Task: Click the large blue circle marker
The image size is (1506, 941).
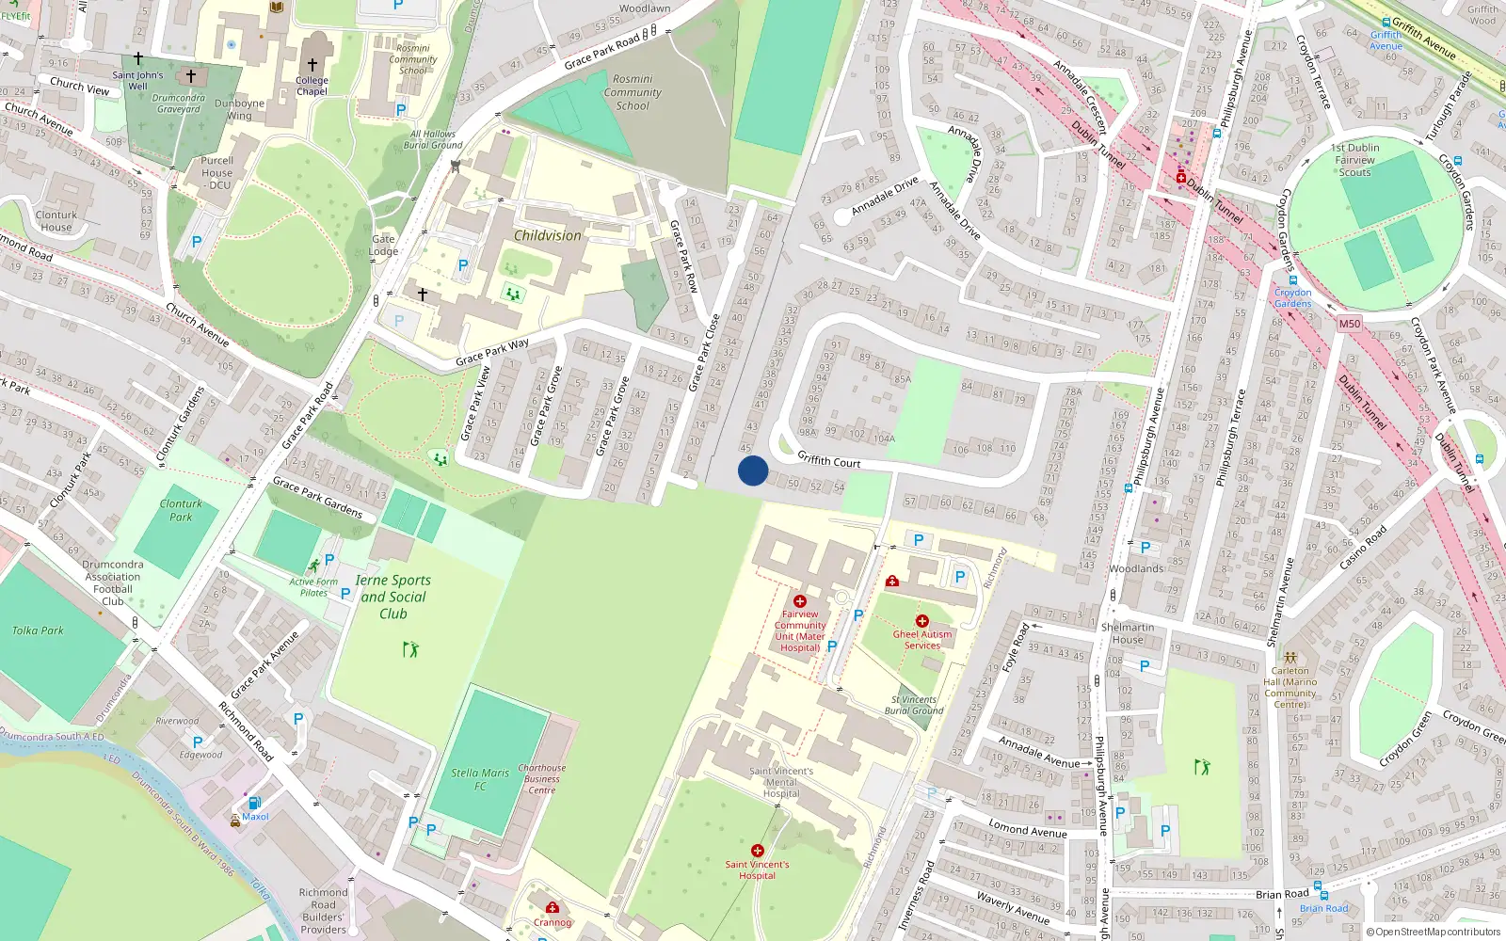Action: pos(753,470)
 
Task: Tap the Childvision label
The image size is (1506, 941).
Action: pos(548,235)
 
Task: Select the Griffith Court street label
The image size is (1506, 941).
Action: pos(828,460)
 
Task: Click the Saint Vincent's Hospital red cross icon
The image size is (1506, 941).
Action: pos(758,851)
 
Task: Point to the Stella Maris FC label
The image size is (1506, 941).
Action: pos(480,779)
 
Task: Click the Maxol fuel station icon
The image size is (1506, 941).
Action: pos(254,803)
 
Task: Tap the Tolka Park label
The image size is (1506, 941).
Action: pos(38,630)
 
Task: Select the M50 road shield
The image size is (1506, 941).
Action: pos(1350,324)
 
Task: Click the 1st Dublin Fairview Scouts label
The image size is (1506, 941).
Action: pos(1355,160)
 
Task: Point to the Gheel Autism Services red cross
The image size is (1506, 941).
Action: pos(922,621)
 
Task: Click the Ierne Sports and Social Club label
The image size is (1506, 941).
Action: pos(393,597)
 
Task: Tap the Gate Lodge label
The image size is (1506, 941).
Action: pos(383,245)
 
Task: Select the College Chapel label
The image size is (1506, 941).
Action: pos(312,86)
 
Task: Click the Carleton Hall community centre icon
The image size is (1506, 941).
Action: pos(1290,658)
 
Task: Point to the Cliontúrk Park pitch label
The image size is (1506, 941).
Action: pos(181,510)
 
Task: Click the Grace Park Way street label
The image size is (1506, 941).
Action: pos(492,352)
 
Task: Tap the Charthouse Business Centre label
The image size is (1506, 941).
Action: pos(542,779)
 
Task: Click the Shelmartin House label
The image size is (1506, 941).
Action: pos(1128,633)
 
